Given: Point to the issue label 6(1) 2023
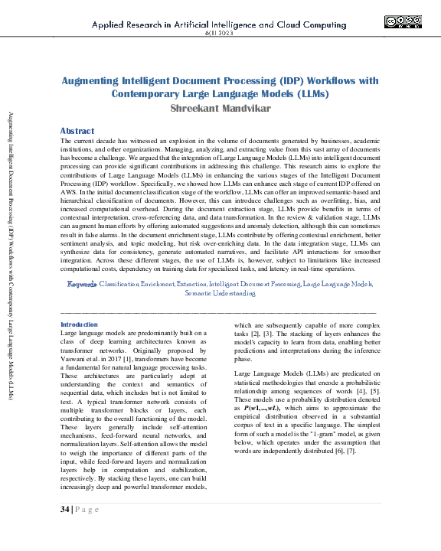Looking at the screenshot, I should [220, 34].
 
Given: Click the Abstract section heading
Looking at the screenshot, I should [77, 131].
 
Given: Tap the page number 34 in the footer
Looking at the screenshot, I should [64, 509].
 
